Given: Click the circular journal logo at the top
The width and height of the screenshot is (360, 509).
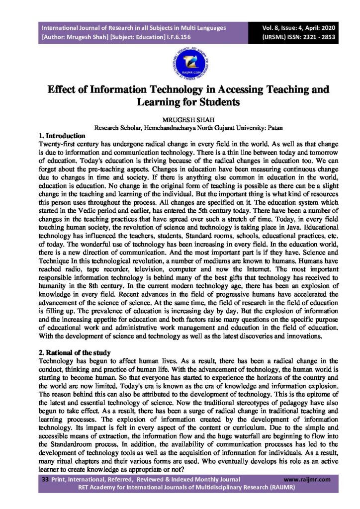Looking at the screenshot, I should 180,62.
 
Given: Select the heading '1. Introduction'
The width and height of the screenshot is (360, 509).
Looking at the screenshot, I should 62,135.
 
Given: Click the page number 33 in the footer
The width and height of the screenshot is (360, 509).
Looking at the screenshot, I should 44,480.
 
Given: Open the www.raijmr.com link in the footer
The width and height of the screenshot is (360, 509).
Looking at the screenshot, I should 307,480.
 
